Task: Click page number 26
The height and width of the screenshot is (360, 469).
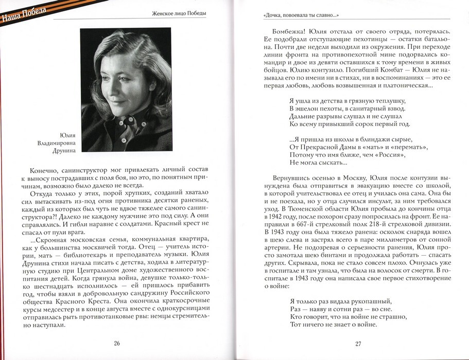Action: (x=117, y=343)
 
